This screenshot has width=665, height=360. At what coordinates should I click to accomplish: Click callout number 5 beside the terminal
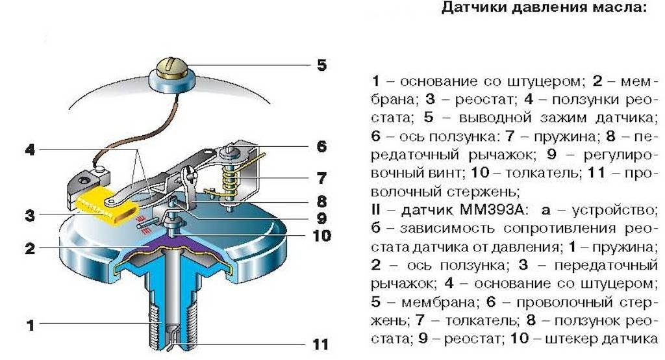(321, 66)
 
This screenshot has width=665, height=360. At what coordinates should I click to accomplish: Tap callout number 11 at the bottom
(320, 344)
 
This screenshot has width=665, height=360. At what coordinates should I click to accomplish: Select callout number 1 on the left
(29, 324)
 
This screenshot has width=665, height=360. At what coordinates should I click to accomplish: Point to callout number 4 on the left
(29, 150)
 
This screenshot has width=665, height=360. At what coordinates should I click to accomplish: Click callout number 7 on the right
(321, 177)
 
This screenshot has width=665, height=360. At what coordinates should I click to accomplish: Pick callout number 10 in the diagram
(320, 235)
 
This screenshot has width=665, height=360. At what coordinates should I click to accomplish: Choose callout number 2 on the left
(29, 248)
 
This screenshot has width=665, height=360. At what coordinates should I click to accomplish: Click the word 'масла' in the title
(625, 9)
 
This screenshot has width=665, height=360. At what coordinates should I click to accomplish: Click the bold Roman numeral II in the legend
(377, 211)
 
